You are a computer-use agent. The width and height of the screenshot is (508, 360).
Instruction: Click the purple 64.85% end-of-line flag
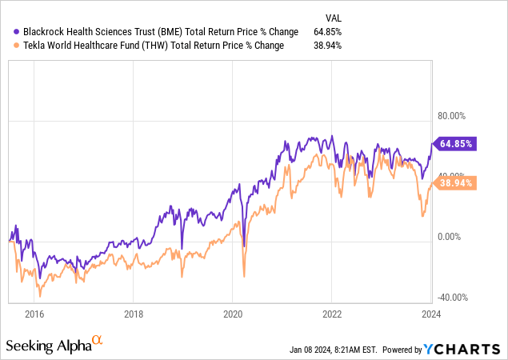pos(455,144)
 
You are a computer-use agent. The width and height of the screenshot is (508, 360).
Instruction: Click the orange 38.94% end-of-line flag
pos(455,183)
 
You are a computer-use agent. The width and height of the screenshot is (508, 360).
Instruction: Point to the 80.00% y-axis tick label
pos(449,114)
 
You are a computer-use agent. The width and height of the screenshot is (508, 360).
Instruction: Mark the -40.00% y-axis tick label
pos(449,298)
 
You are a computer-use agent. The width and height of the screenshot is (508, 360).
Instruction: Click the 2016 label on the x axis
pos(34,315)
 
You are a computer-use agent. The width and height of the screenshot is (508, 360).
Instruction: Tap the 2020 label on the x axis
pos(232,315)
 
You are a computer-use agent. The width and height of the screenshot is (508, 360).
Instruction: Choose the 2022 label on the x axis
pos(332,315)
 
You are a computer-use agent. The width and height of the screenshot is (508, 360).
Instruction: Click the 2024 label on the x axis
pos(431,315)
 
